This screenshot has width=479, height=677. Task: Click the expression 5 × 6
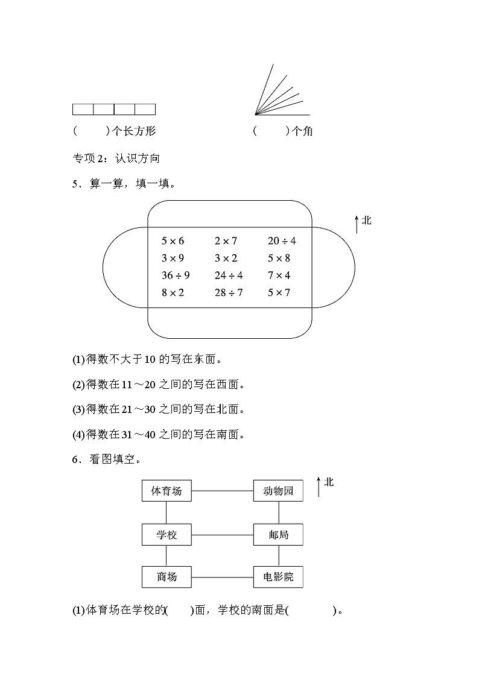point(173,241)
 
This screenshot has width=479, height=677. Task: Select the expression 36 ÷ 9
point(176,276)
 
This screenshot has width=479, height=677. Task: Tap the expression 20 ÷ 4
point(282,241)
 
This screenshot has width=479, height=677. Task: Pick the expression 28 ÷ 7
point(229,293)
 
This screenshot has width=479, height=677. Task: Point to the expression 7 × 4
point(279,276)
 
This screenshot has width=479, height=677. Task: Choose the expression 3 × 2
point(226,259)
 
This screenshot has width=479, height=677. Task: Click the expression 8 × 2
point(173,293)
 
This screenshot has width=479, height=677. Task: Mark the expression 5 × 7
point(279,293)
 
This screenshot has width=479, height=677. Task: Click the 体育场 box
point(167,491)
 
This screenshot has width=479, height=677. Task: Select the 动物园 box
point(278,491)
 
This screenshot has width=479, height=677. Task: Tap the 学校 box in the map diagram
point(167,534)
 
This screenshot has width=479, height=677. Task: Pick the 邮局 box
point(278,534)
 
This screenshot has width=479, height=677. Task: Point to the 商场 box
point(167,577)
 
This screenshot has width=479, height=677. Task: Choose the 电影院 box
point(278,577)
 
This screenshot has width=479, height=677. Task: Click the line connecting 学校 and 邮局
point(222,534)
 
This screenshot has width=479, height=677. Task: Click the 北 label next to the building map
point(329,482)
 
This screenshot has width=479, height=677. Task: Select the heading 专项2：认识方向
point(116,159)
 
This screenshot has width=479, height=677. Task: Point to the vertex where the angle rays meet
point(255,114)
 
